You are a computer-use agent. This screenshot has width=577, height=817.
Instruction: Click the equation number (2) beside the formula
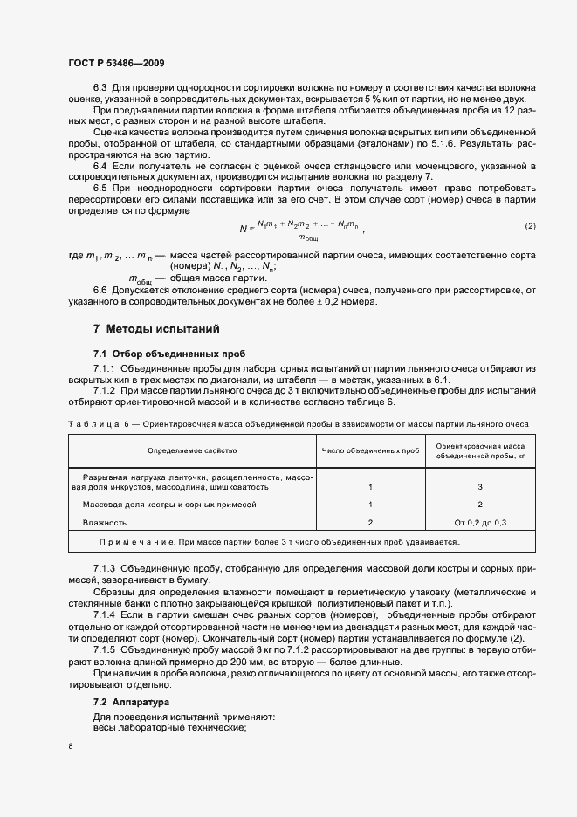pos(530,226)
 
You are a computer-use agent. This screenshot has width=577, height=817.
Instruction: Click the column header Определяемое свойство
pos(192,450)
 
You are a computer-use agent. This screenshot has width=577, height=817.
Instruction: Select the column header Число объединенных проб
pos(370,450)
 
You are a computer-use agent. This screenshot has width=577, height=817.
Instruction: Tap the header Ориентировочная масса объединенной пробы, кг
pos(479,450)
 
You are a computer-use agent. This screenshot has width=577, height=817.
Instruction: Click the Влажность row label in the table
pos(105,522)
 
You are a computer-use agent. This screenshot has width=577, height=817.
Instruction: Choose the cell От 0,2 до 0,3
pos(479,522)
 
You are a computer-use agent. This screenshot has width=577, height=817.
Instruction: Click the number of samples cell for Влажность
pos(370,522)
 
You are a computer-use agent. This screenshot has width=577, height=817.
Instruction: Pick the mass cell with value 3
pos(479,487)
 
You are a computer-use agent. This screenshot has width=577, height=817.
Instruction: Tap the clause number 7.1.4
pos(105,614)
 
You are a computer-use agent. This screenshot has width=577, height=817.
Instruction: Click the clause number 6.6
pos(100,290)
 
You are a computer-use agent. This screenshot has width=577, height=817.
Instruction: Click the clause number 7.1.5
pos(105,651)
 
